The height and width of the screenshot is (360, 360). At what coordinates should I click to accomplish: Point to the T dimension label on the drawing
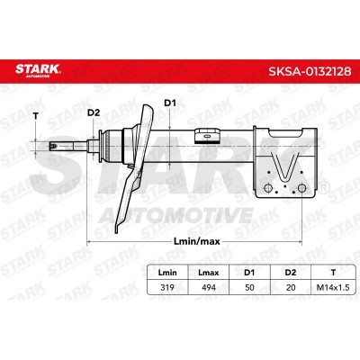click(x=36, y=116)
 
